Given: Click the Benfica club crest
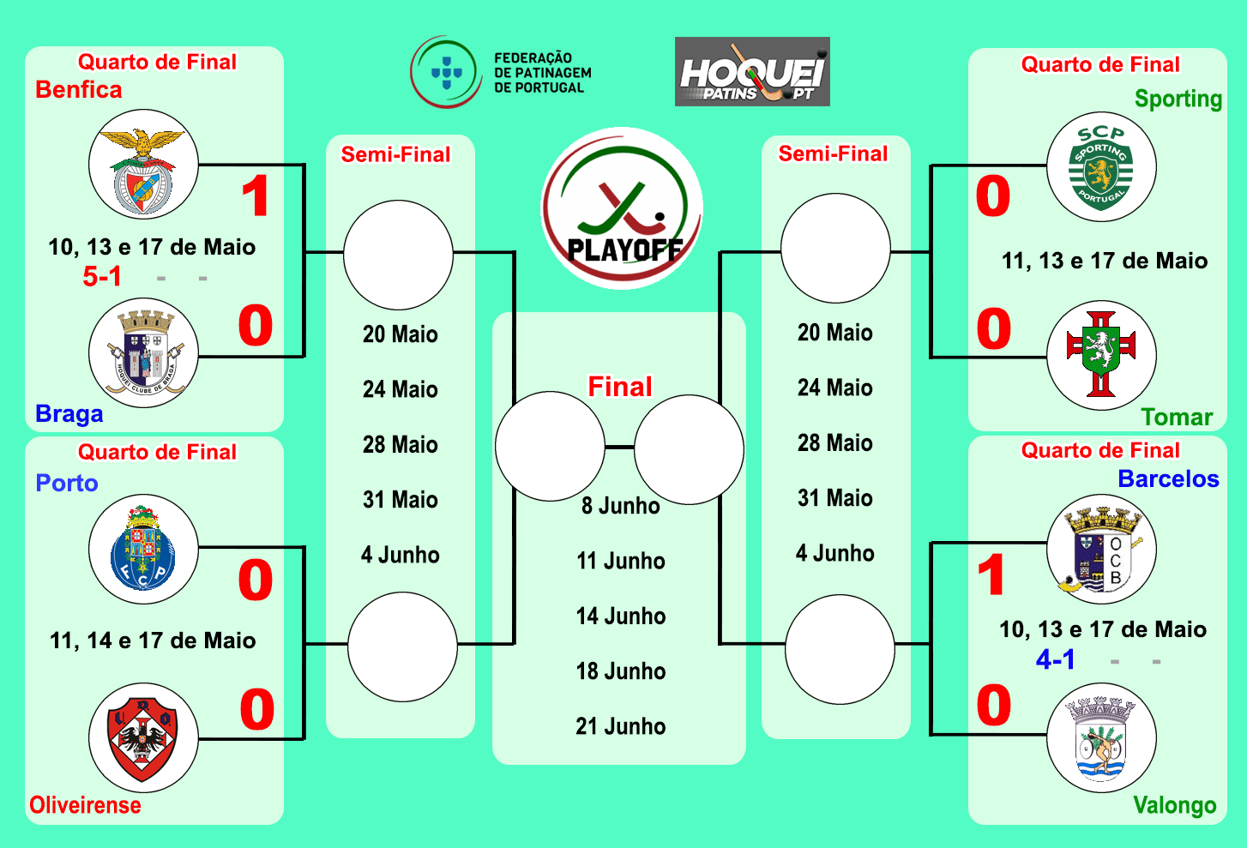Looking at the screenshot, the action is [x=143, y=164].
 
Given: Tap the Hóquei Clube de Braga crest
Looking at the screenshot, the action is [x=143, y=352].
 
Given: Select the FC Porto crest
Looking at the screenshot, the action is [x=143, y=549].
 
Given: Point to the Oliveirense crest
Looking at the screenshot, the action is [x=143, y=737].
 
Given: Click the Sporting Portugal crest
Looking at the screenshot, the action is [x=1101, y=167].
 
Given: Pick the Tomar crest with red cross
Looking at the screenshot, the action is [x=1101, y=355].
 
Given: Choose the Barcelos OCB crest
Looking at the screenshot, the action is [x=1101, y=550].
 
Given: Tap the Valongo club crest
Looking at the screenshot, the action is [x=1101, y=737].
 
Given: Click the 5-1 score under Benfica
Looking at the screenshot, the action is [x=102, y=276].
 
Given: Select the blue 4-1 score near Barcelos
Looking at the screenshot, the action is [x=1055, y=659].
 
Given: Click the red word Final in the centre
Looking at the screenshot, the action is [x=620, y=387].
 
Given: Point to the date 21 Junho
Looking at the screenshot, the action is [x=621, y=726].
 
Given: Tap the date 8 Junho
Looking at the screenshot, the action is [x=621, y=506].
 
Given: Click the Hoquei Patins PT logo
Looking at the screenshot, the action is [x=752, y=72].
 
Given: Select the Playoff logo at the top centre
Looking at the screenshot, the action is [x=622, y=208].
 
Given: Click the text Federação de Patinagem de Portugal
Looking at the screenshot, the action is [x=542, y=73].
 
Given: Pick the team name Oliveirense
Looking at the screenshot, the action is [x=85, y=805].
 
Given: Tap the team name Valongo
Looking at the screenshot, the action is [x=1174, y=805].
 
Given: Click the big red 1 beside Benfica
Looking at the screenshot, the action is [x=256, y=196].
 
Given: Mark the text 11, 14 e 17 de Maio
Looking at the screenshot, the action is [x=153, y=641].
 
